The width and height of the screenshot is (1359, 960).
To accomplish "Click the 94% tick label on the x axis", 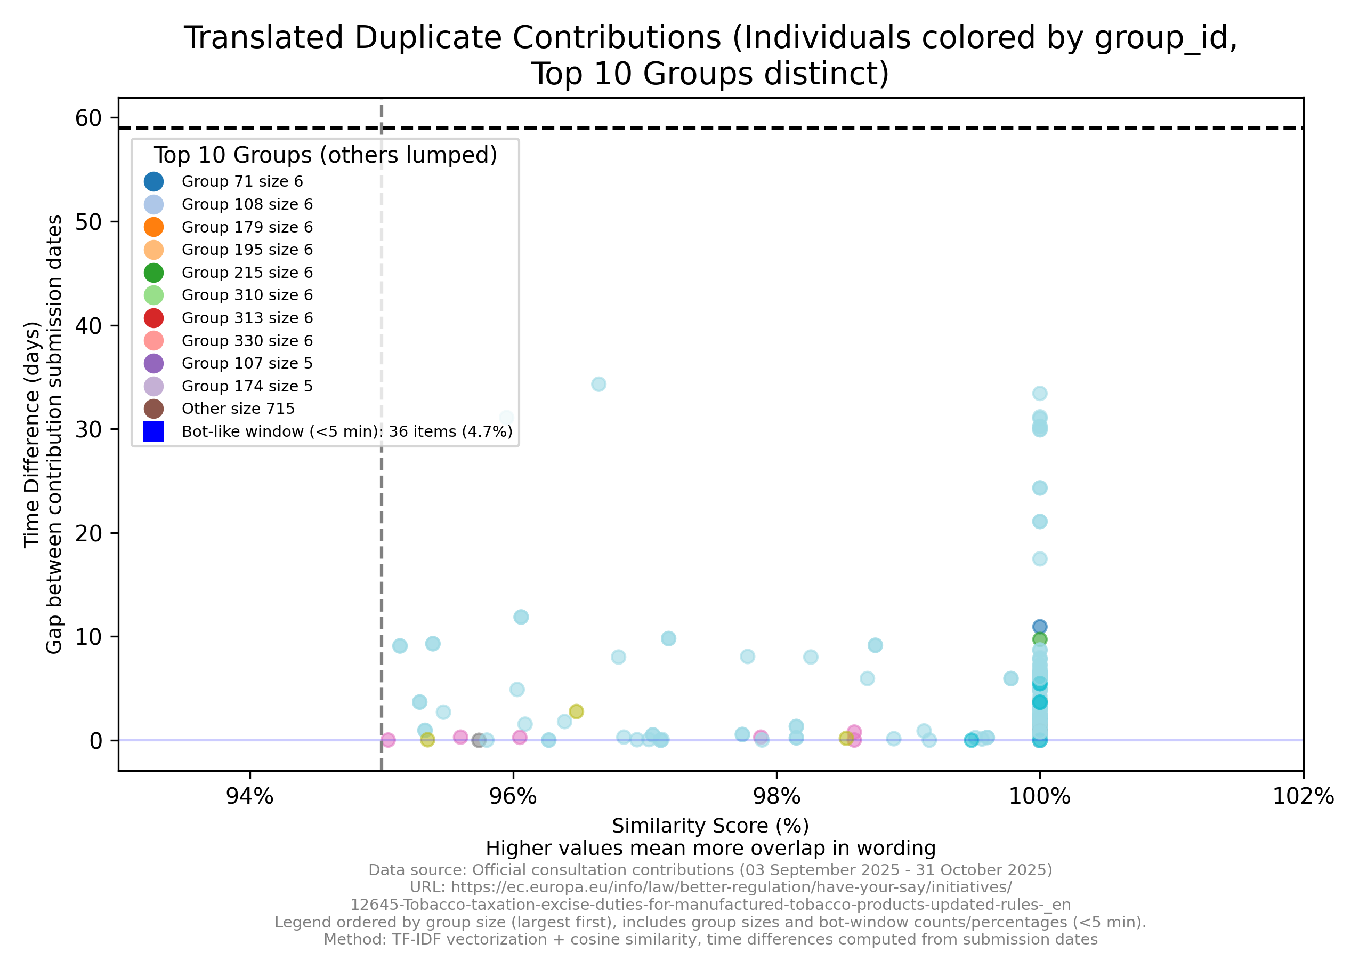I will click(250, 797).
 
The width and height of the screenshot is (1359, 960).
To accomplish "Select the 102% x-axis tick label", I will click(1303, 797).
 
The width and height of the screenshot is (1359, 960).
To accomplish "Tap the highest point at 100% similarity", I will click(1039, 393).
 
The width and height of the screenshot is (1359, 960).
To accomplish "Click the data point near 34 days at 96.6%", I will click(598, 385).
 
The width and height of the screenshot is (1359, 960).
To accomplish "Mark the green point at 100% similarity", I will click(1039, 639).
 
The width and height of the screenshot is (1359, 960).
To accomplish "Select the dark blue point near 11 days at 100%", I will click(1039, 627).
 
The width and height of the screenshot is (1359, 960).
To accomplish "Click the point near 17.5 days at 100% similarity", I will click(1039, 558).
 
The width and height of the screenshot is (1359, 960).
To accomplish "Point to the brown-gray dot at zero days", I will click(479, 740).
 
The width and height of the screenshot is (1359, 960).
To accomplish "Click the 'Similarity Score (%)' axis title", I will click(710, 826).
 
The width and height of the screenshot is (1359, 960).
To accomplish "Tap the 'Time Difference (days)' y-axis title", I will click(32, 435).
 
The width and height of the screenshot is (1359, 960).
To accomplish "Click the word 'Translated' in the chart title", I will click(263, 38).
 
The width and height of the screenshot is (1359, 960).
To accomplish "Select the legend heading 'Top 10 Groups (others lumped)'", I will click(325, 155).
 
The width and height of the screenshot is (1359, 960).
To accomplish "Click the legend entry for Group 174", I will click(246, 386).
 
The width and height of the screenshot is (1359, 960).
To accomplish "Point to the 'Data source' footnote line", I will click(710, 870).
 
